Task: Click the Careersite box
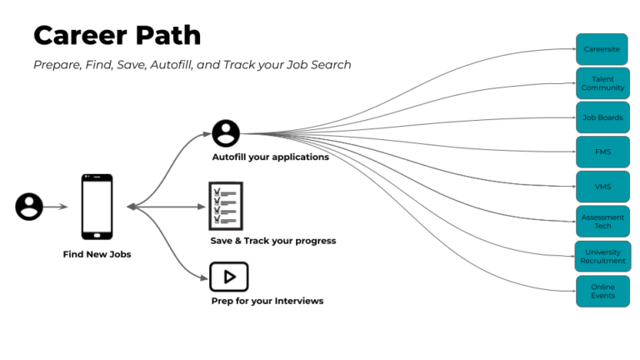pos(602,49)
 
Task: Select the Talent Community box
pos(602,83)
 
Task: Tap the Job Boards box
pos(602,117)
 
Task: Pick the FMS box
pos(602,152)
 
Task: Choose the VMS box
pos(602,187)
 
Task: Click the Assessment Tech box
pos(602,222)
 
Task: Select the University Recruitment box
pos(602,256)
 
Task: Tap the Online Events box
pos(602,291)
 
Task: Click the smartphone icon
pos(97,207)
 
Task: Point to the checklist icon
pos(225,206)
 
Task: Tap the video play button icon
pos(229,276)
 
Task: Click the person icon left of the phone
pos(29,206)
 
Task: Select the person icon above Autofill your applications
pos(226,133)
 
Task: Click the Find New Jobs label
pos(97,254)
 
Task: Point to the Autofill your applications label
pos(270,157)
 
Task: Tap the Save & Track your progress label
pos(272,241)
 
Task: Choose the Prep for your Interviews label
pos(267,300)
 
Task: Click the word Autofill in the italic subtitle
pos(172,65)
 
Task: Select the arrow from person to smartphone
pos(56,206)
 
